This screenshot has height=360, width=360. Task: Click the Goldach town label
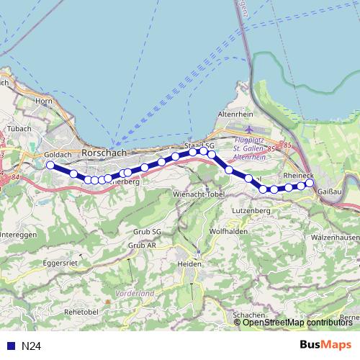point(56,155)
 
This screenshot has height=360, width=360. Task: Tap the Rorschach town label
point(104,153)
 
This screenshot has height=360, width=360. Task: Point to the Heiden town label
point(190,264)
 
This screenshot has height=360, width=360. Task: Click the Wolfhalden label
point(228,232)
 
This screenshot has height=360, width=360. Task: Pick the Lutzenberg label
point(251,210)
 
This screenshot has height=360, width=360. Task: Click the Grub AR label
point(142,246)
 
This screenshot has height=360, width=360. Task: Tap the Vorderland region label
point(135,294)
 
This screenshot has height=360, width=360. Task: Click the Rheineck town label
point(298,175)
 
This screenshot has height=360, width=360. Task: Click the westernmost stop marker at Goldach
point(50,165)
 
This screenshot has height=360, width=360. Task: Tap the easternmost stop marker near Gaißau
point(310,183)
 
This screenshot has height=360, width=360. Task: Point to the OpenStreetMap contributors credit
point(297,323)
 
